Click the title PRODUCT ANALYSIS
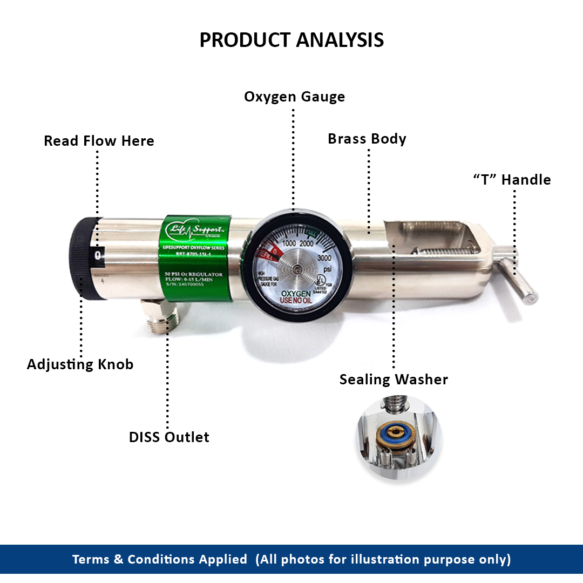pos(291,40)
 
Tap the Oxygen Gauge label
pos(294,97)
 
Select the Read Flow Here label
pos(99,141)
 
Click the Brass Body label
pos(367,139)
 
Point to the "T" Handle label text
pos(512,180)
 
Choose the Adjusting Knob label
pos(80,364)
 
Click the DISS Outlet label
pos(169,437)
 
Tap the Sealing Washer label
pos(394,379)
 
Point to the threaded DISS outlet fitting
pos(159,318)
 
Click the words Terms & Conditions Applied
pos(160,559)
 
